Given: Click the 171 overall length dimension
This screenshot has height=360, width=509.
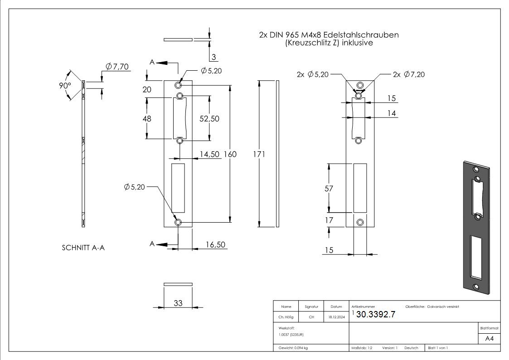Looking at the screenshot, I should pos(259,155).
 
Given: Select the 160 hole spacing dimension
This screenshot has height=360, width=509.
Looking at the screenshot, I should pos(230,155).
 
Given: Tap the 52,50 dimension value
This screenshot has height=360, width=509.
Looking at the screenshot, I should pos(209,118).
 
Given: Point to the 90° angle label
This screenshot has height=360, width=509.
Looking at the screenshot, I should pos(65,85).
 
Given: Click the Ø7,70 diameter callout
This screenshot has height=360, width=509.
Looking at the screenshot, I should pos(117,67).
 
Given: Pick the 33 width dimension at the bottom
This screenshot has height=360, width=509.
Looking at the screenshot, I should pos(178,303).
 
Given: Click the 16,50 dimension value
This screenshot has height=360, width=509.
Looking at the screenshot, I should pos(216,244).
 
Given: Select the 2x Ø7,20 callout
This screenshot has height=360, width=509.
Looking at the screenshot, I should pos(409,74).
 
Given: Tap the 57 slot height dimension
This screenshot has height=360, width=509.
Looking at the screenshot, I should pos(329,189).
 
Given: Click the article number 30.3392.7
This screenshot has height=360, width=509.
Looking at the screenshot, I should pos(376,315).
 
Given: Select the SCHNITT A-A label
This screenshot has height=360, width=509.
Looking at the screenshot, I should pos(83,248).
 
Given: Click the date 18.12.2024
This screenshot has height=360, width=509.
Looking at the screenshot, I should pos(336,317).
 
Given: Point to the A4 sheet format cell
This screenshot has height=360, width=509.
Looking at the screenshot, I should pos(489,339).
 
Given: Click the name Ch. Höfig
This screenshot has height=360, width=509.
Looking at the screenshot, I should pos(286,317).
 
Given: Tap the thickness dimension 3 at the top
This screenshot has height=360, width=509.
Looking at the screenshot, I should pos(214,57).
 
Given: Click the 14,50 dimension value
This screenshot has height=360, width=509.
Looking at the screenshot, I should pos(209,155).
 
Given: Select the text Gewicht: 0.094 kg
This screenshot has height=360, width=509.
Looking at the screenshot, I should pos(293,348).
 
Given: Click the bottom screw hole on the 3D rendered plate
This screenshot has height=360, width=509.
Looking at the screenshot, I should pos(475,287).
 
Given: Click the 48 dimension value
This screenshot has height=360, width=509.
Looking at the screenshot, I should pos(146,118).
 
